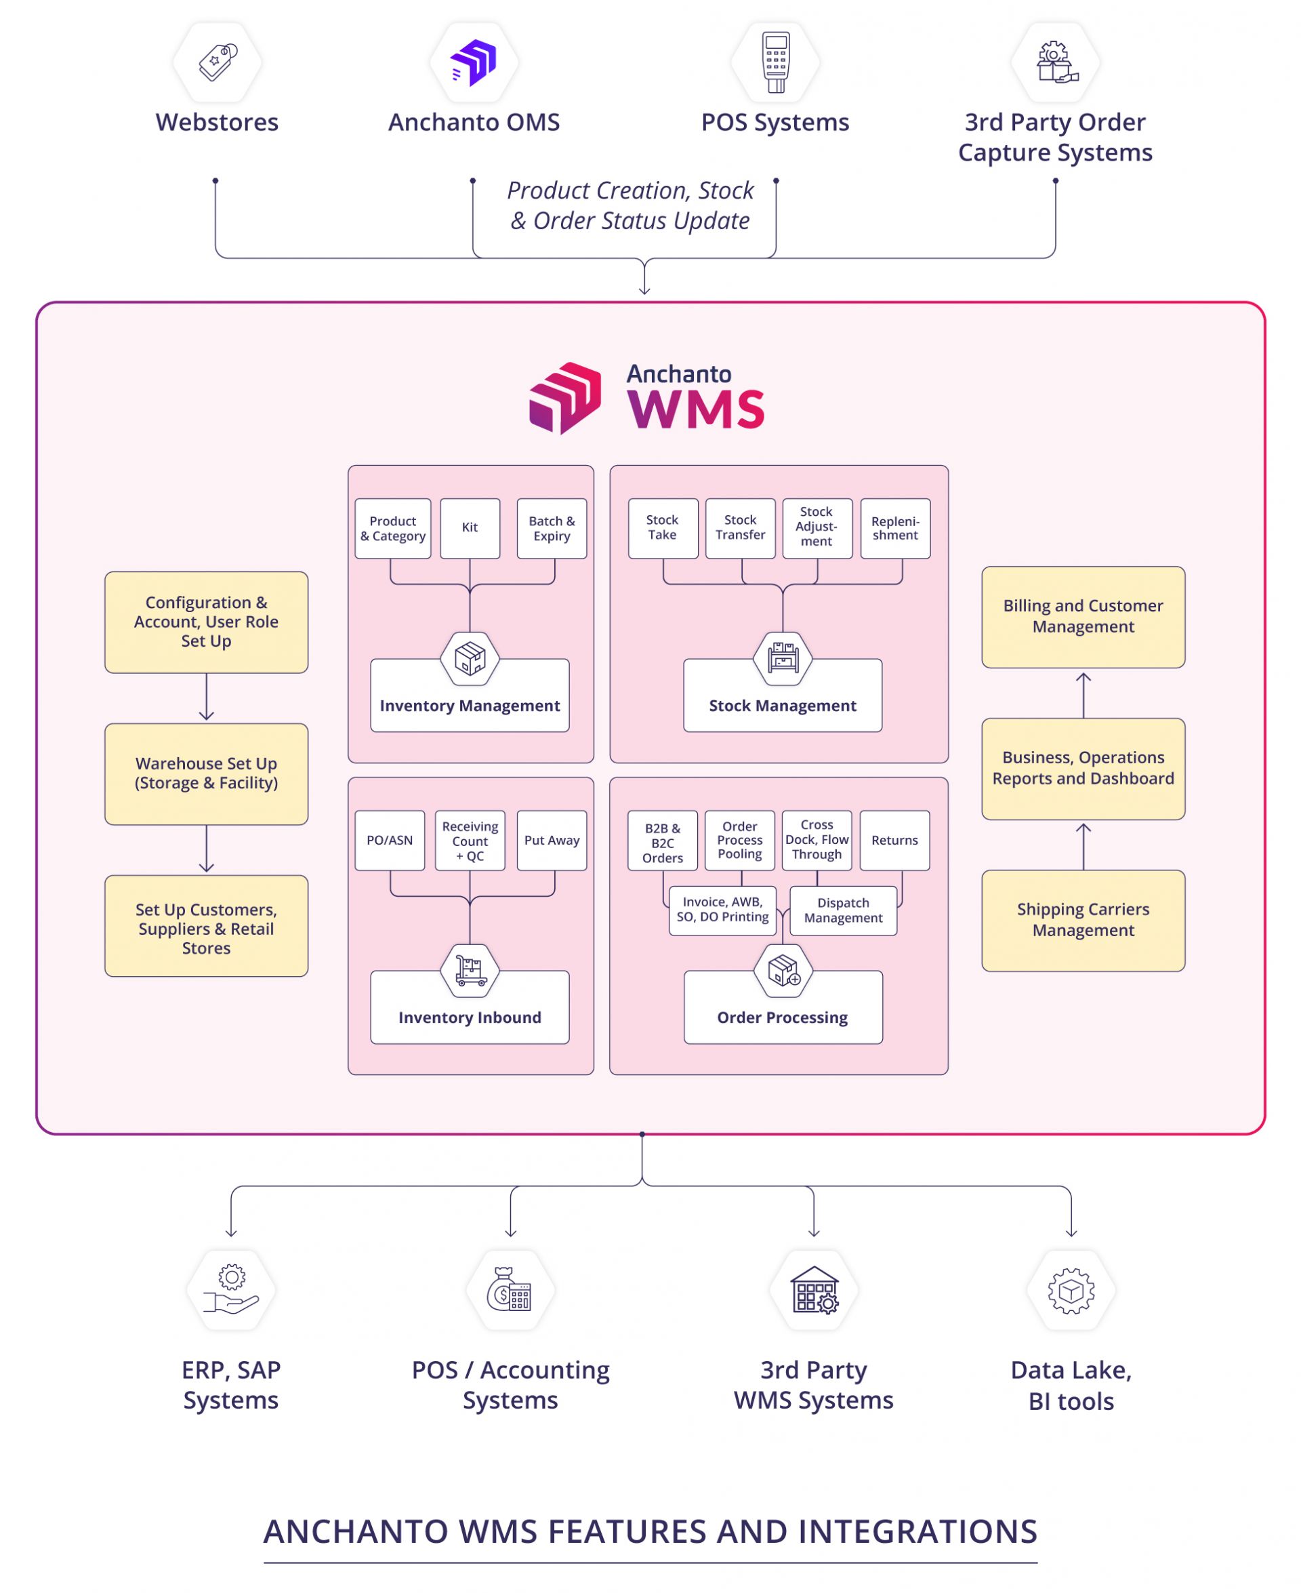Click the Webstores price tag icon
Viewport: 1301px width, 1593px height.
pyautogui.click(x=218, y=62)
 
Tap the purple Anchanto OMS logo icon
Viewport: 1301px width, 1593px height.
pyautogui.click(x=474, y=62)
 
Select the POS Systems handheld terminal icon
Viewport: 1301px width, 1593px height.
pyautogui.click(x=776, y=62)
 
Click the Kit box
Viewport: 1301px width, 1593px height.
pyautogui.click(x=470, y=528)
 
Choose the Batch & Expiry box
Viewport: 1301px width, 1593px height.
pyautogui.click(x=552, y=528)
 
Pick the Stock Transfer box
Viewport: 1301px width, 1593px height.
pyautogui.click(x=740, y=528)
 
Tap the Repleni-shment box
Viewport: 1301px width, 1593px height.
pyautogui.click(x=895, y=528)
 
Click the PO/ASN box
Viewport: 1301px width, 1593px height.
pyautogui.click(x=390, y=840)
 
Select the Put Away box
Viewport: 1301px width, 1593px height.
pyautogui.click(x=552, y=840)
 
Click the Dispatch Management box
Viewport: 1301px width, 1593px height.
pyautogui.click(x=843, y=910)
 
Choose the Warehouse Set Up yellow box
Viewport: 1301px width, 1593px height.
pyautogui.click(x=206, y=773)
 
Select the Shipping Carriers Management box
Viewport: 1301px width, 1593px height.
pyautogui.click(x=1083, y=920)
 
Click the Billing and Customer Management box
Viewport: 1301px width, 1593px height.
pyautogui.click(x=1083, y=616)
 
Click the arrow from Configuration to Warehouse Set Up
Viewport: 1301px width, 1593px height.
pyautogui.click(x=206, y=697)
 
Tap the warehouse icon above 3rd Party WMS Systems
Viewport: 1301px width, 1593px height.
pyautogui.click(x=814, y=1290)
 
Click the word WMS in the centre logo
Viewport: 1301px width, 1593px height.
pyautogui.click(x=695, y=409)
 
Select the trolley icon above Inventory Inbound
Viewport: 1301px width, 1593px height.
pyautogui.click(x=470, y=971)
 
